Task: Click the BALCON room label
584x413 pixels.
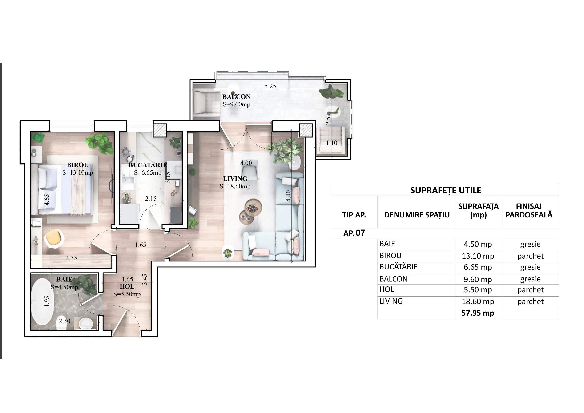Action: coord(236,97)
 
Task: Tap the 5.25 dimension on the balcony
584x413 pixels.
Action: coord(270,86)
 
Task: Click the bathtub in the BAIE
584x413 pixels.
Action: coord(42,302)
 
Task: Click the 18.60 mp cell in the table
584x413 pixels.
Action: coord(478,301)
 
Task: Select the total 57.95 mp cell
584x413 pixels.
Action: coord(478,313)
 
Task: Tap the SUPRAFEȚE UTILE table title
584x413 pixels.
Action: coord(446,190)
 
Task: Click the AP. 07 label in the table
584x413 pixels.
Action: coord(354,233)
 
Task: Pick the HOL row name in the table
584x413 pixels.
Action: coord(387,289)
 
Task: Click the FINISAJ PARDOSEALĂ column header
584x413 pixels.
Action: coord(529,211)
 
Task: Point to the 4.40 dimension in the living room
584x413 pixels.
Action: coord(288,196)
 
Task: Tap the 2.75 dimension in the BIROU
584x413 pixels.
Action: coord(71,258)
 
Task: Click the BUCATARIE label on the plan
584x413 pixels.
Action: coord(148,165)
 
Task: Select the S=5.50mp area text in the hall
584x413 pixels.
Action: coord(127,294)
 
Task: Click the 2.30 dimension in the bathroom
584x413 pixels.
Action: coord(64,321)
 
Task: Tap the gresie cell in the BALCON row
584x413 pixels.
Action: coord(530,279)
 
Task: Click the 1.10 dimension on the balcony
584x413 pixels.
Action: coord(332,143)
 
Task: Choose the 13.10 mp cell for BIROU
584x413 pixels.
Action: coord(478,256)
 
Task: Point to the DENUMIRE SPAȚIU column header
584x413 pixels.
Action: coord(417,215)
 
